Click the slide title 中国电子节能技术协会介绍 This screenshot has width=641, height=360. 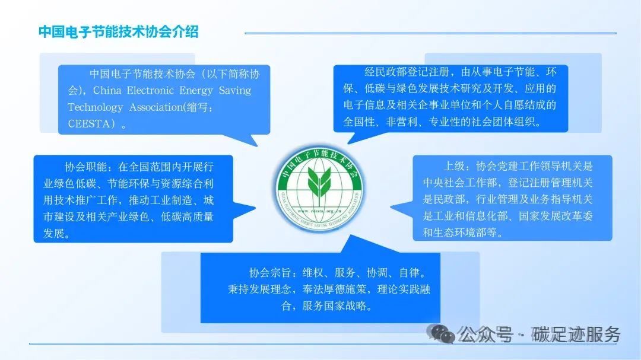(118, 32)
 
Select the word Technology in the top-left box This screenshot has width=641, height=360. (96, 107)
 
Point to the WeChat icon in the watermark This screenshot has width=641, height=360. (443, 334)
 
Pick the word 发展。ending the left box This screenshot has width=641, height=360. (57, 234)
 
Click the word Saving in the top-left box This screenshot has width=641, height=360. (235, 91)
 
